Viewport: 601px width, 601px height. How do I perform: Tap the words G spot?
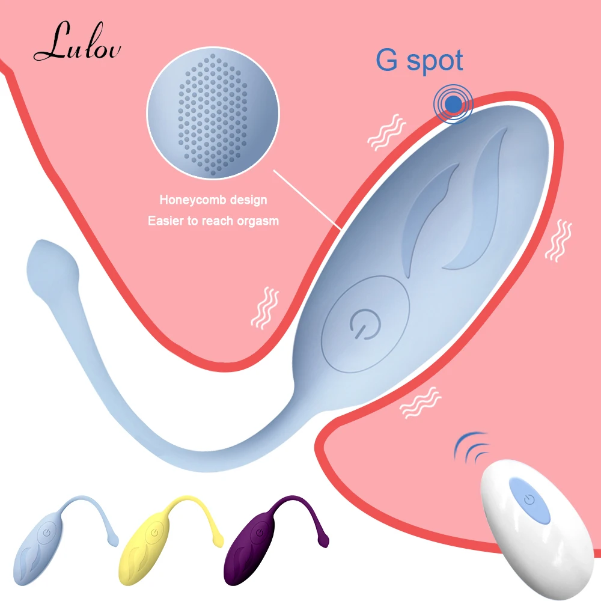[419, 61]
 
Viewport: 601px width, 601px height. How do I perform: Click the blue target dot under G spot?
[454, 104]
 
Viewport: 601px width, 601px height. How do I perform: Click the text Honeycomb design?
[213, 200]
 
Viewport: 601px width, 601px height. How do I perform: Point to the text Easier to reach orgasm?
[213, 221]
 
